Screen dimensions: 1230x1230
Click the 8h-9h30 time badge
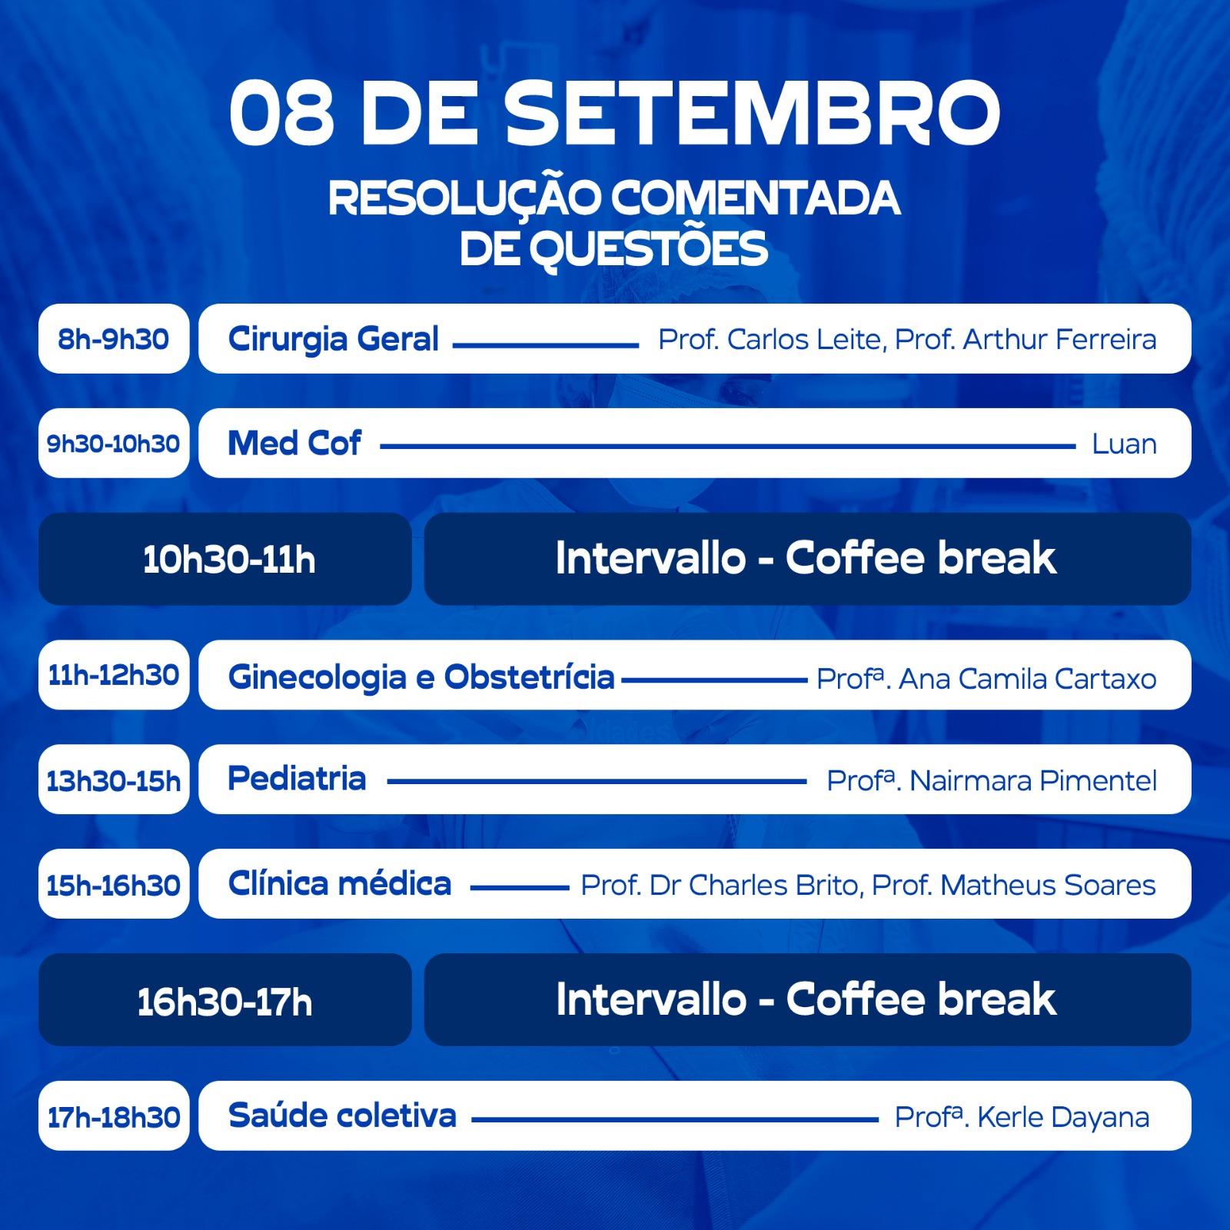click(114, 339)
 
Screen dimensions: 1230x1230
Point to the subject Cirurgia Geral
click(334, 339)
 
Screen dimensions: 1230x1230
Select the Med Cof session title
click(294, 444)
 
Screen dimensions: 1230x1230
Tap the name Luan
click(1124, 444)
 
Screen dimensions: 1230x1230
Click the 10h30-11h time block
click(225, 559)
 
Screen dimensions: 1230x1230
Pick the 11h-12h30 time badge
click(114, 675)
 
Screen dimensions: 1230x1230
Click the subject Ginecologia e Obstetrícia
click(421, 677)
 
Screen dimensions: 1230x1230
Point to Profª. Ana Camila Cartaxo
click(986, 679)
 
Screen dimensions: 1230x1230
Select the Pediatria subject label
click(297, 779)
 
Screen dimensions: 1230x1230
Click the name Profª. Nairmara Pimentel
click(992, 780)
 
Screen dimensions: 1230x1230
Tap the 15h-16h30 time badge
click(114, 884)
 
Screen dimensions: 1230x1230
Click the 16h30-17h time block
click(225, 1000)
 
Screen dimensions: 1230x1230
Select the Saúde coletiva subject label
click(342, 1115)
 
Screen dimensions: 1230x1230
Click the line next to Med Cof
click(728, 446)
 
